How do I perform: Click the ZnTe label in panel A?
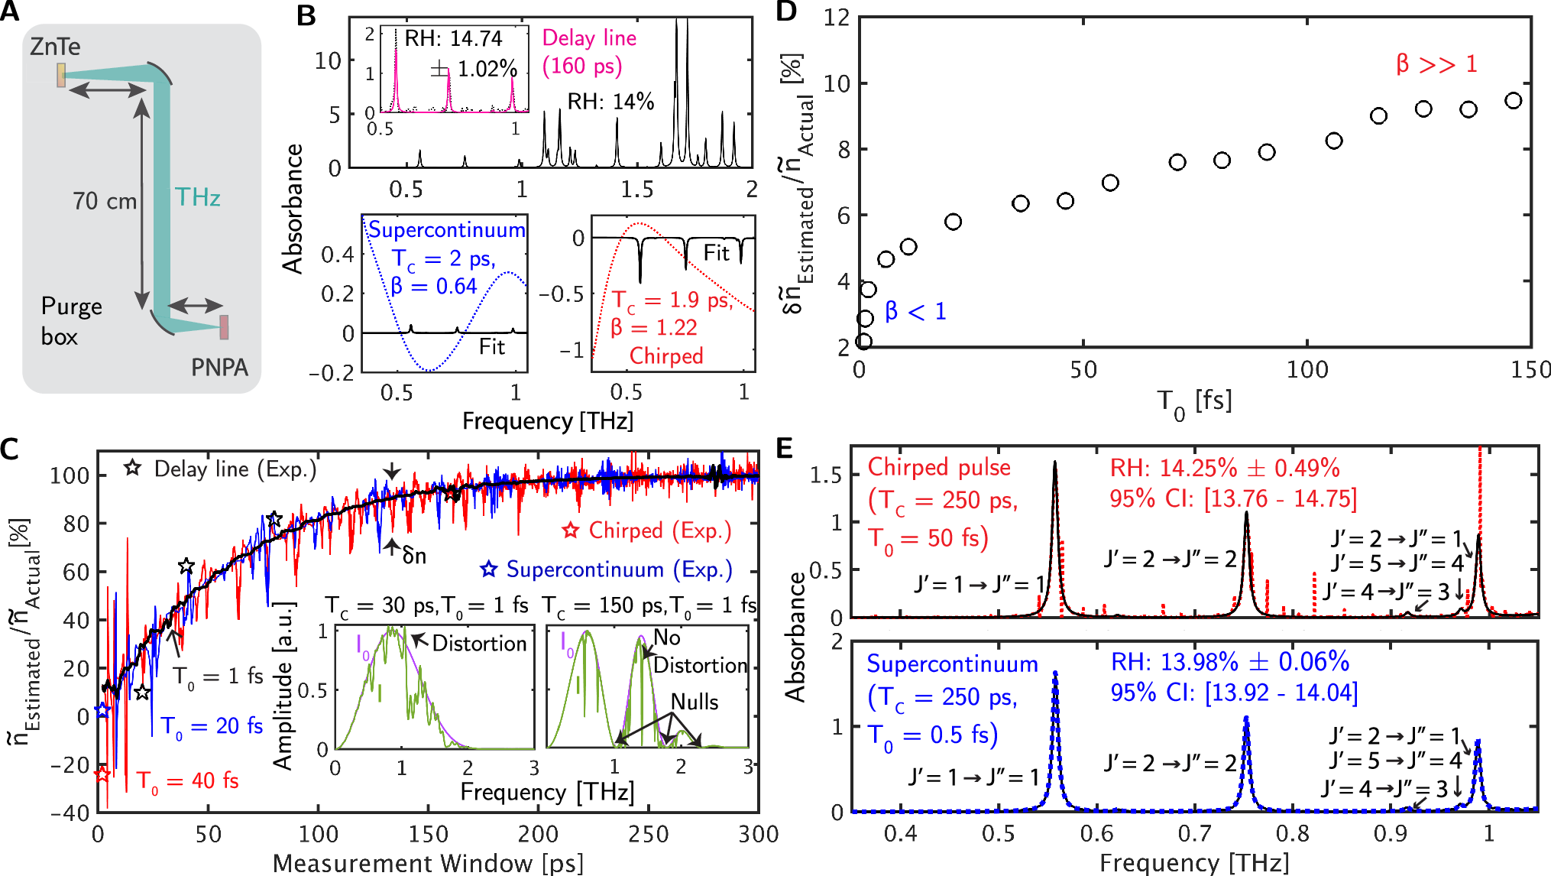pos(55,47)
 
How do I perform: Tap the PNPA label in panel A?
pos(219,368)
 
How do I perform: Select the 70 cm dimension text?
pos(105,202)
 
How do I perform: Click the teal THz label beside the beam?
pos(198,197)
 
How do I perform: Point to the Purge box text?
pos(71,321)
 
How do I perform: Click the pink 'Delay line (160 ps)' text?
pos(588,52)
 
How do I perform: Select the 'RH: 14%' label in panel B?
pos(610,102)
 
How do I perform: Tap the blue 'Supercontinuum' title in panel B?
pos(447,230)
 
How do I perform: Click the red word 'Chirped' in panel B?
pos(665,356)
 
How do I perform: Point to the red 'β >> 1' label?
pos(1436,64)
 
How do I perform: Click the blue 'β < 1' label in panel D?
pos(915,312)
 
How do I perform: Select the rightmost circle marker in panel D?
pos(1513,101)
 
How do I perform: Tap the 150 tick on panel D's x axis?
pos(1530,371)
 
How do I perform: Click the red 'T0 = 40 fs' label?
pos(187,780)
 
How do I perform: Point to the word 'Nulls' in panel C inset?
pos(695,702)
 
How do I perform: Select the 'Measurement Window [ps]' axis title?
pos(428,863)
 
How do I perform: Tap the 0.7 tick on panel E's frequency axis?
pos(1194,833)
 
